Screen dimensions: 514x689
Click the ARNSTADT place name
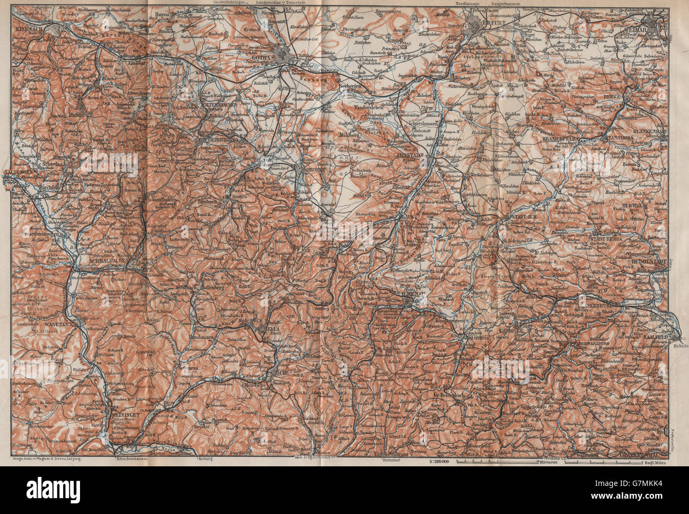[x=426, y=156]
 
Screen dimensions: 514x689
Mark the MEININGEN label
[x=127, y=415]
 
